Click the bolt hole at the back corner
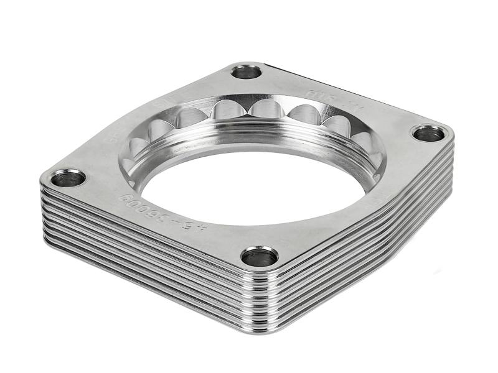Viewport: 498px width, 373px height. pyautogui.click(x=247, y=71)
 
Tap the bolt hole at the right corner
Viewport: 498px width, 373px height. pyautogui.click(x=428, y=134)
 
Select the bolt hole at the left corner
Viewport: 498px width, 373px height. pyautogui.click(x=68, y=179)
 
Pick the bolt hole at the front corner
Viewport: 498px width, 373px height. pyautogui.click(x=260, y=256)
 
